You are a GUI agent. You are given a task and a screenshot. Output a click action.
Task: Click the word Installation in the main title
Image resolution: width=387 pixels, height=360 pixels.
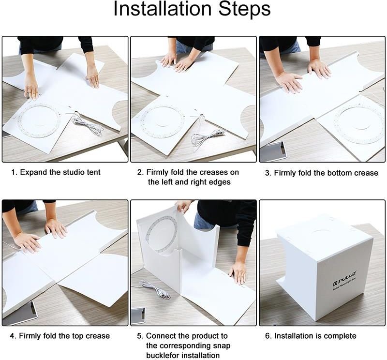[x=163, y=9]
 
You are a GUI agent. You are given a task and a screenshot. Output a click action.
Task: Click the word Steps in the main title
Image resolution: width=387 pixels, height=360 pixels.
[x=245, y=9]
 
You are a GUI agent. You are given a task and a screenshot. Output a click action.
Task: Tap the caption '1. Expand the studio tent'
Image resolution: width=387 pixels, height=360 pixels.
[x=56, y=172]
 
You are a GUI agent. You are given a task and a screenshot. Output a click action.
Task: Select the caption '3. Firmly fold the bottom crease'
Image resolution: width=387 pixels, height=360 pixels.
[x=322, y=173]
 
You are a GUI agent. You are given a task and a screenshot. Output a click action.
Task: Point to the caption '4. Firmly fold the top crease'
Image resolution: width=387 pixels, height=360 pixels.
[x=60, y=336]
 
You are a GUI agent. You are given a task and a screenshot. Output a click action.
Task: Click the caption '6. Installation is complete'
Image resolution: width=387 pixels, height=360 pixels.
[x=311, y=336]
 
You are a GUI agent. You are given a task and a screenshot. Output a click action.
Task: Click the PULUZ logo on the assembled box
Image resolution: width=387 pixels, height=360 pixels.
[x=344, y=278]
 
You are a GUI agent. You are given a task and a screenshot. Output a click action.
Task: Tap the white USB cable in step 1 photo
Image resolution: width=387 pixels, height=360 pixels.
[x=88, y=125]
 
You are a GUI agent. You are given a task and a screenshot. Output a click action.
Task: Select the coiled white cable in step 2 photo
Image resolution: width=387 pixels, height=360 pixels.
[x=207, y=138]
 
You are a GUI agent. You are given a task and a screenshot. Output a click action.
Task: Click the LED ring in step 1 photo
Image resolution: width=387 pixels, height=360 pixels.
[x=39, y=121]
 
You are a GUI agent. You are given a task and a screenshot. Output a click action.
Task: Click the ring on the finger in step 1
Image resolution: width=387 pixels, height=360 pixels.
[x=30, y=92]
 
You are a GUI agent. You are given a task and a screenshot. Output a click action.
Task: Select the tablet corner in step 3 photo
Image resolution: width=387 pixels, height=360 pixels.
[x=273, y=151]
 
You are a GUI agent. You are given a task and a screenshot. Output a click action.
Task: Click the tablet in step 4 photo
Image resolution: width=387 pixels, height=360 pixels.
[x=19, y=313]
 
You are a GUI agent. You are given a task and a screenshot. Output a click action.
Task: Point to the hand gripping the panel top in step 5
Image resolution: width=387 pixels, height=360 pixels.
[x=183, y=206]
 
